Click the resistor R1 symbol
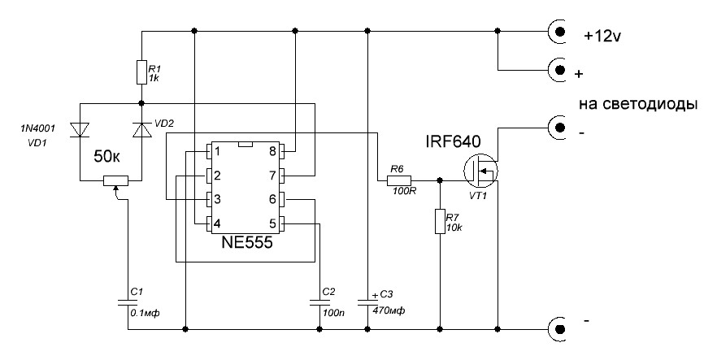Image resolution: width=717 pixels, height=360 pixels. pyautogui.click(x=141, y=73)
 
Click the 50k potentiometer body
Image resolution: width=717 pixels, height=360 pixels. pyautogui.click(x=118, y=180)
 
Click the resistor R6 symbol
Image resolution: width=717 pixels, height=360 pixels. pyautogui.click(x=398, y=180)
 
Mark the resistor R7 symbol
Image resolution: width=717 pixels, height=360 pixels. pyautogui.click(x=440, y=221)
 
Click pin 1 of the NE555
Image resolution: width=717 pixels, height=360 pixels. pyautogui.click(x=210, y=151)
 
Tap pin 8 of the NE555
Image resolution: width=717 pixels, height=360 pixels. pyautogui.click(x=283, y=151)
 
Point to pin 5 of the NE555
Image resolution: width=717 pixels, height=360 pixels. pyautogui.click(x=283, y=223)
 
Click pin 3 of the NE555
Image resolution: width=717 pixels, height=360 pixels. pyautogui.click(x=210, y=199)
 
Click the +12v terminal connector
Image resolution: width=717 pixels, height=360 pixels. pyautogui.click(x=559, y=32)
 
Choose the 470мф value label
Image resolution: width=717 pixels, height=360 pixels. pyautogui.click(x=389, y=311)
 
